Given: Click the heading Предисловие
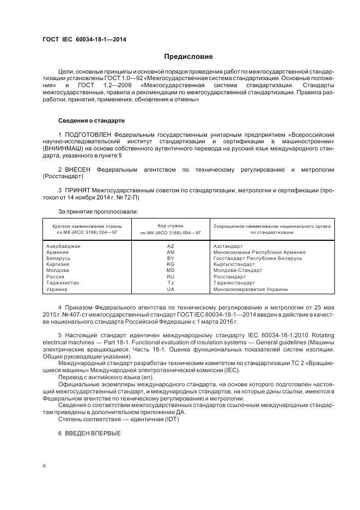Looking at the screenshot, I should click(x=189, y=57).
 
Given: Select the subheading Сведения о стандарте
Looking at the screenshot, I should click(x=91, y=120).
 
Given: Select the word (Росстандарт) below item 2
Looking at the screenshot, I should click(x=63, y=177).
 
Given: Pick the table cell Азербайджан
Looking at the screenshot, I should click(x=64, y=246).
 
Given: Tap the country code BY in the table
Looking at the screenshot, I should click(x=170, y=258).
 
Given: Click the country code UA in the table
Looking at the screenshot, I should click(x=170, y=289).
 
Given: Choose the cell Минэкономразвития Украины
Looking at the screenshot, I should click(x=251, y=289).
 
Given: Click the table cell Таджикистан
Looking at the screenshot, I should click(x=63, y=283).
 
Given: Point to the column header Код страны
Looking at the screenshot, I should click(x=170, y=225).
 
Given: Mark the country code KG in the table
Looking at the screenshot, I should click(x=170, y=264).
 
